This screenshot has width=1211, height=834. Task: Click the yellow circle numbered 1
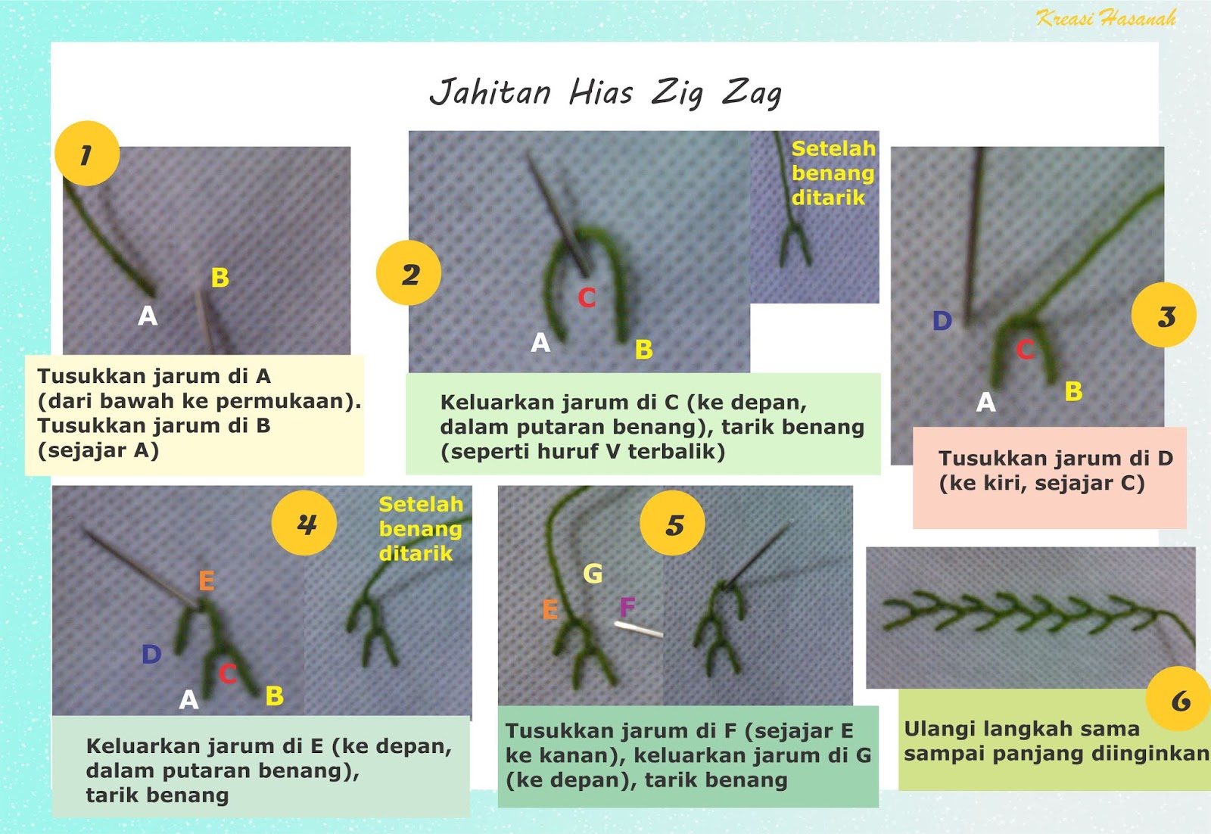pos(87,154)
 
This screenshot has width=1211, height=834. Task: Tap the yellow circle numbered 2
pos(409,273)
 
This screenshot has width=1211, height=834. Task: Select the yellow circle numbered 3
pos(1163,315)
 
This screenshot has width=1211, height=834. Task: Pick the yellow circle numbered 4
pos(304,523)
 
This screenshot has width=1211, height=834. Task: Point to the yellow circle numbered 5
pos(672,524)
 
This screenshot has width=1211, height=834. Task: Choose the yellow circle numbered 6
pos(1178,699)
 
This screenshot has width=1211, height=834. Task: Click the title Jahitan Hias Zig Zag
pos(605,93)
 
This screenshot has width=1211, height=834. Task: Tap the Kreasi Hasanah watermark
pos(1106,18)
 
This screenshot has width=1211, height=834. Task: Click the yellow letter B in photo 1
pos(220,278)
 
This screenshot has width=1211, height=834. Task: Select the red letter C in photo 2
pos(587,297)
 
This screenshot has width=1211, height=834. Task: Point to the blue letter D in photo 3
pos(942,321)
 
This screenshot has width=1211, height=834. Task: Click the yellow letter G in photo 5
pos(593,574)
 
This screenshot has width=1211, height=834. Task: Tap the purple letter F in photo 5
pos(627,607)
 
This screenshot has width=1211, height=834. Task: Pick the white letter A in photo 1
pos(148,316)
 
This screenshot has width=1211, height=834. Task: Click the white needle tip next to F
pos(637,628)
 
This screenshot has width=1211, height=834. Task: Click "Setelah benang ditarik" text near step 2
pos(833,173)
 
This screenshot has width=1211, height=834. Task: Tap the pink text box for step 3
pos(1048,477)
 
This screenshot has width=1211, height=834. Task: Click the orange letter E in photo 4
pos(206,580)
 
